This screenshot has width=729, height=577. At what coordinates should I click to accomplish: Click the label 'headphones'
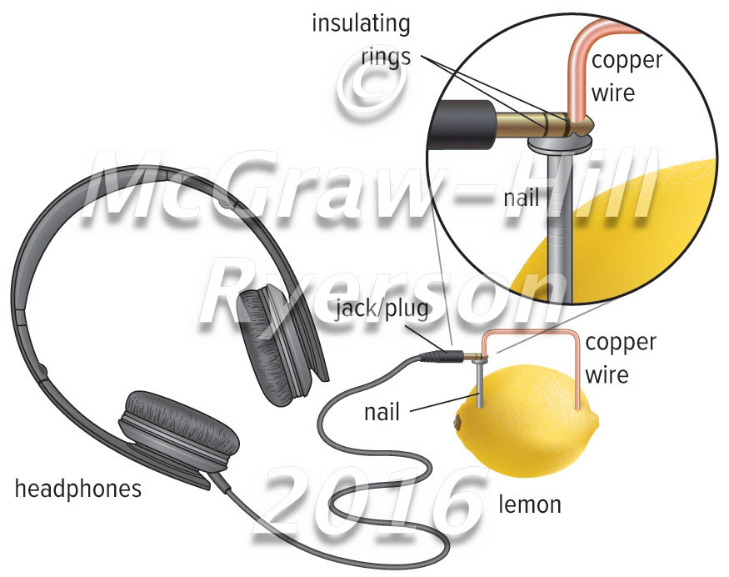coord(77,489)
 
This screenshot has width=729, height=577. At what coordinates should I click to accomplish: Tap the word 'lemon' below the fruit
coord(530,504)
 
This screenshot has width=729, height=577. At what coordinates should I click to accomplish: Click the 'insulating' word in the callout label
coord(361,23)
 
